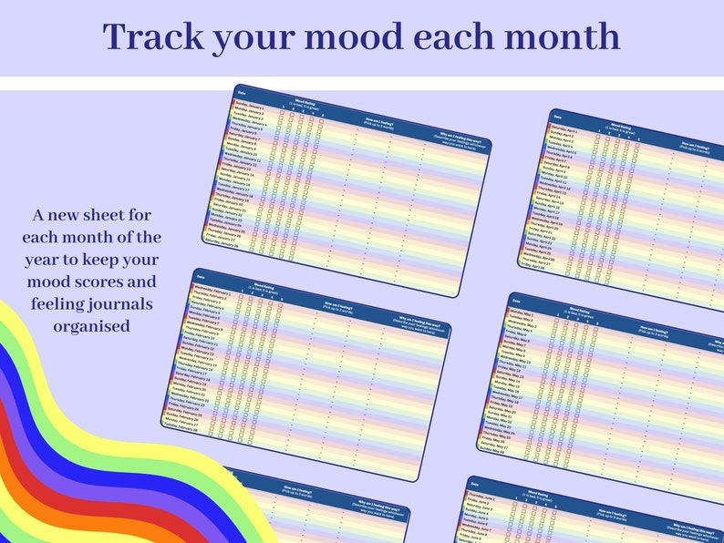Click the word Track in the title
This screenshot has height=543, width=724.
pyautogui.click(x=150, y=36)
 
